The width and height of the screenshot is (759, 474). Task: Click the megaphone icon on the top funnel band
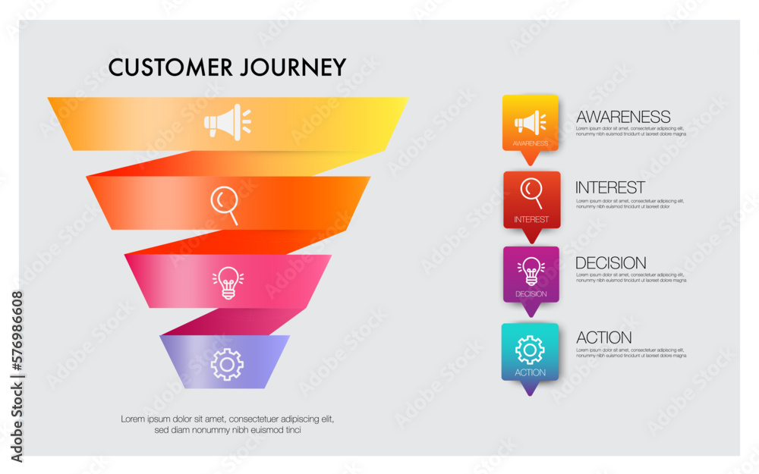point(227,122)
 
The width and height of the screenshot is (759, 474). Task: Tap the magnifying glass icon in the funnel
point(225,204)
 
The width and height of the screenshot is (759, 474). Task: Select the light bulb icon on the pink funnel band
point(228,282)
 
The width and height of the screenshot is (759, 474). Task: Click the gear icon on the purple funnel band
point(227,364)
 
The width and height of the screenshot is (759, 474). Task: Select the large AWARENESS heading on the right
point(623,117)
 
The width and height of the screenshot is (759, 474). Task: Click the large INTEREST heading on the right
point(610,187)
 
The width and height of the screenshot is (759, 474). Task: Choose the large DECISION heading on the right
point(611,263)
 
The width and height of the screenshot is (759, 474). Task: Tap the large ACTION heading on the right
point(604,337)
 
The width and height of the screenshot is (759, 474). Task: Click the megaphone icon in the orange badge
point(530,122)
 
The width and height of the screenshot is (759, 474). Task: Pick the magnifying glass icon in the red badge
point(531,192)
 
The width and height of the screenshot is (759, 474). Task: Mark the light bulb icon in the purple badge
point(531,270)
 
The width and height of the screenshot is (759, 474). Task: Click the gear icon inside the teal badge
point(530,350)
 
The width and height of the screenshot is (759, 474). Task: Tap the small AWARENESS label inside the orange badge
point(531,143)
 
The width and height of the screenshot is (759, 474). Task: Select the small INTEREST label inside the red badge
point(531,219)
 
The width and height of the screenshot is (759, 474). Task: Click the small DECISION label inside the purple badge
point(531,294)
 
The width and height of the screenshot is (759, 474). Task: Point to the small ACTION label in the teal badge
point(530,372)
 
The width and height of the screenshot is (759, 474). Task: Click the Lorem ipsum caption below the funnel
point(228,424)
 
